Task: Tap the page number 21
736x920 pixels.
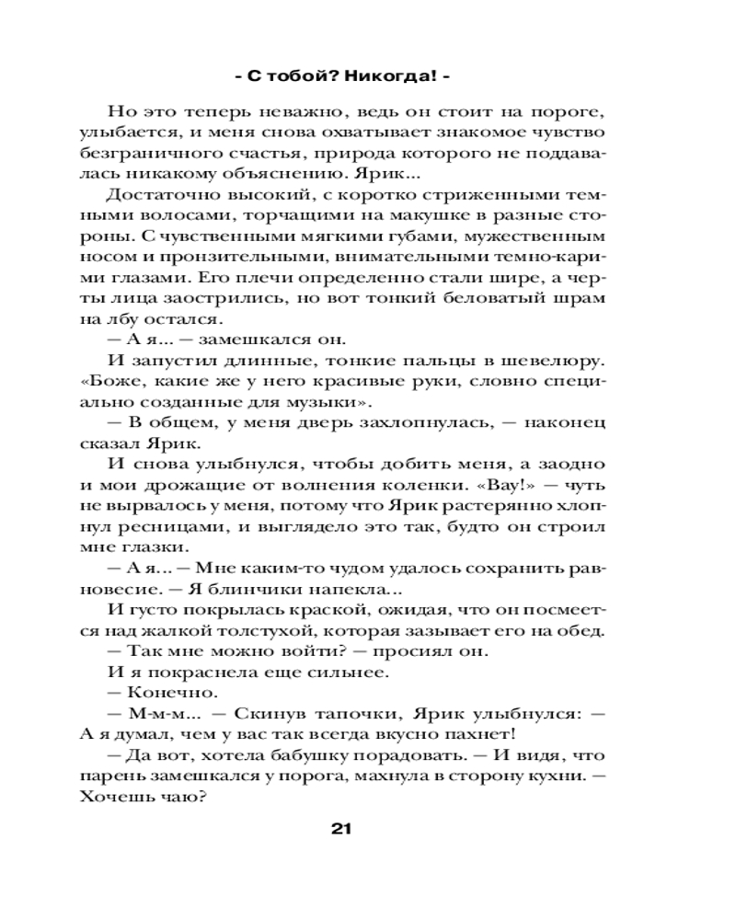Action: pos(341,828)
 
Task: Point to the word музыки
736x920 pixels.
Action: pos(331,402)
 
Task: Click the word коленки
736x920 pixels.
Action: pos(418,486)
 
